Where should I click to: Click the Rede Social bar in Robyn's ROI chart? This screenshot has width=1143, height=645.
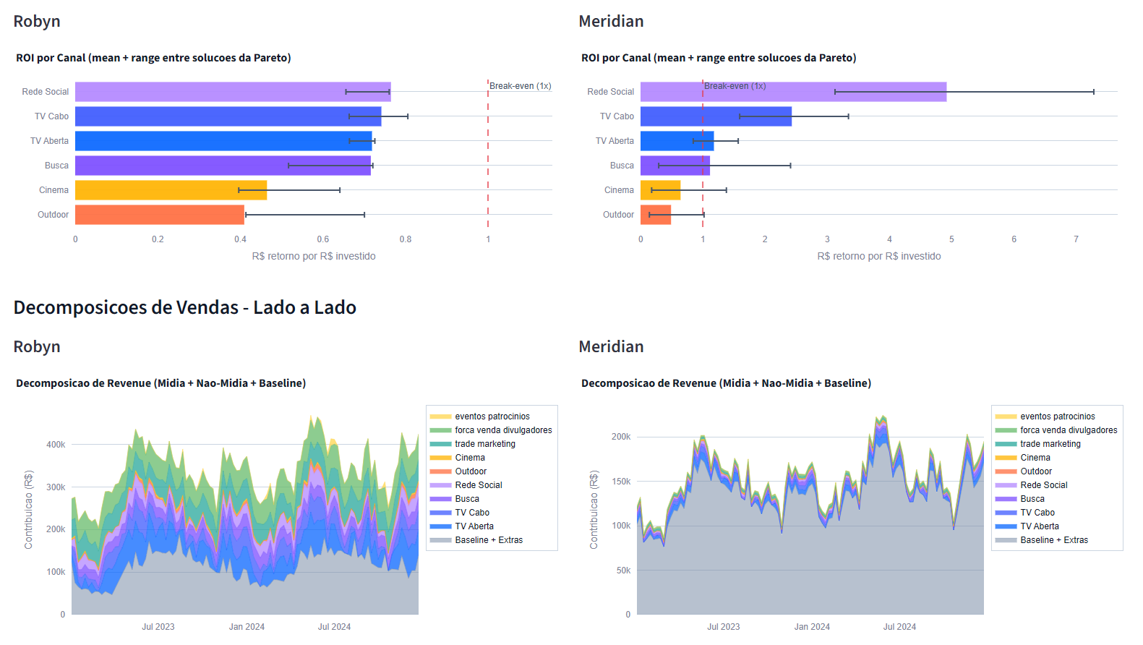point(234,92)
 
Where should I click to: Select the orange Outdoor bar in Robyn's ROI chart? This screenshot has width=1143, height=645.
point(160,215)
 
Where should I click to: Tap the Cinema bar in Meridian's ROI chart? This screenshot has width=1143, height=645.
point(660,190)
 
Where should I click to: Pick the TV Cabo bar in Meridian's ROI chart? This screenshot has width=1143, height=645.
point(716,116)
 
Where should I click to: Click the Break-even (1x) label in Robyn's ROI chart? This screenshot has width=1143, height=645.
point(521,86)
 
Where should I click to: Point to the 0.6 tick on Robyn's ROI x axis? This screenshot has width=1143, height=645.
point(323,239)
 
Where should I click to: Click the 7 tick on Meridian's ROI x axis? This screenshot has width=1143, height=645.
point(1076,239)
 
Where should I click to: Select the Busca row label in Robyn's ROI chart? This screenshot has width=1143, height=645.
point(56,166)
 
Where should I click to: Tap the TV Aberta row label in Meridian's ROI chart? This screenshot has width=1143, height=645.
point(615,141)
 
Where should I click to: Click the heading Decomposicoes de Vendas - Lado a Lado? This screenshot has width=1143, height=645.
point(185,307)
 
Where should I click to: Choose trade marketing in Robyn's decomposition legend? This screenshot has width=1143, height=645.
point(485,444)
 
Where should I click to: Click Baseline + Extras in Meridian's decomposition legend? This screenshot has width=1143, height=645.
point(1054,540)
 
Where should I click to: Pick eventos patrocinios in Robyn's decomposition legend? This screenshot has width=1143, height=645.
point(492,417)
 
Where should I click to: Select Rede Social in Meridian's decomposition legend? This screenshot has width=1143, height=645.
point(1044,485)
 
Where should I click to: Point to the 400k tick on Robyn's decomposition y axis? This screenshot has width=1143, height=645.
point(56,445)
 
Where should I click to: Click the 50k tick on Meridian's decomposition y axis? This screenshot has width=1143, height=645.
point(623,571)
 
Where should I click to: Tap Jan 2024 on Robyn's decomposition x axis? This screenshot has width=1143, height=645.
point(247,627)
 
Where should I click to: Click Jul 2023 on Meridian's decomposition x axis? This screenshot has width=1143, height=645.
point(724,627)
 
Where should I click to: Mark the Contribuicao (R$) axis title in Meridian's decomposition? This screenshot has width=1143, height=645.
point(594,510)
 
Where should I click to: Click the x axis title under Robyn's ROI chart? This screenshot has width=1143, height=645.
point(314,256)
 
